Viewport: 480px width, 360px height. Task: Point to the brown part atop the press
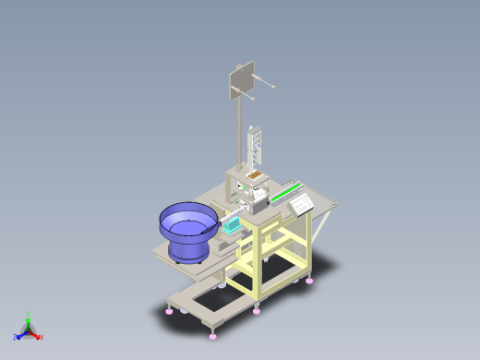(255, 174)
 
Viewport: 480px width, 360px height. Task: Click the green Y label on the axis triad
(29, 313)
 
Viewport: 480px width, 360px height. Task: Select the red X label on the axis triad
(41, 337)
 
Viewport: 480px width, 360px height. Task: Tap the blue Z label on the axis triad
(16, 337)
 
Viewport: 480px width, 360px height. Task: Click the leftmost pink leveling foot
(169, 311)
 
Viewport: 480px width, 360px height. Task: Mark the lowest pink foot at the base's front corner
(214, 330)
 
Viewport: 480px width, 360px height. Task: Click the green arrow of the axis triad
(29, 321)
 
